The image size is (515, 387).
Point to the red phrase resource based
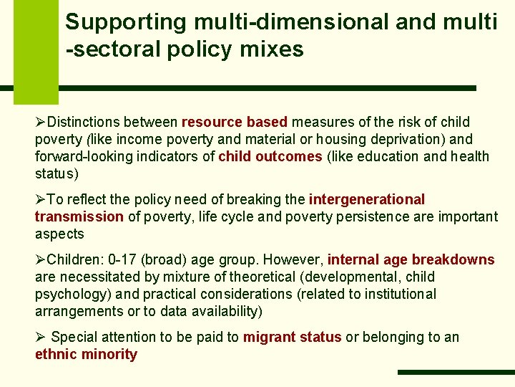pos(235,123)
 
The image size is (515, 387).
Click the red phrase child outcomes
pos(270,157)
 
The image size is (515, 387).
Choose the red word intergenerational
pos(367,200)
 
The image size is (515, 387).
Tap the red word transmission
pos(79,217)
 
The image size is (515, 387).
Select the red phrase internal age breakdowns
pos(411,260)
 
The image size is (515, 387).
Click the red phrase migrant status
pos(292,338)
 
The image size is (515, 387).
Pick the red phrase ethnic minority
pos(86,355)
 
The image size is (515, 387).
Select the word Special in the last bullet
pos(74,338)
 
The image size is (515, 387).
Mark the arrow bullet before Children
pos(40,260)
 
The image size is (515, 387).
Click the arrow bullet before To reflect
pos(40,200)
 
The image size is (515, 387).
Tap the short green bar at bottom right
pos(456,373)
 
